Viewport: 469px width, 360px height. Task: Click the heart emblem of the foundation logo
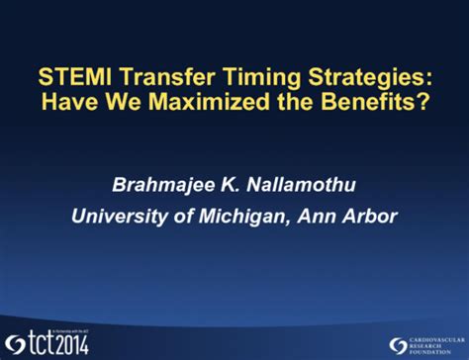click(396, 341)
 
